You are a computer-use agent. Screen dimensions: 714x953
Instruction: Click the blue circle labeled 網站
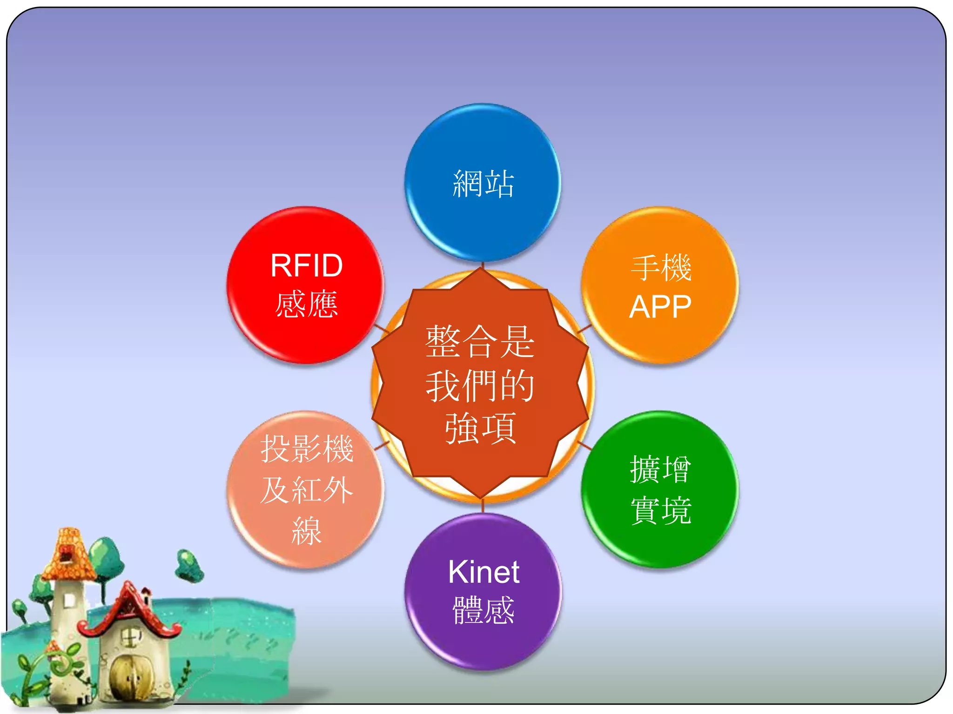point(483,182)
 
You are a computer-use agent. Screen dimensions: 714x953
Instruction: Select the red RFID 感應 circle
point(306,284)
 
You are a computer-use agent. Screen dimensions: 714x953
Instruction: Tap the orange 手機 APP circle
point(660,284)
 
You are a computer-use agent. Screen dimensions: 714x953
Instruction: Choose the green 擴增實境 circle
point(660,489)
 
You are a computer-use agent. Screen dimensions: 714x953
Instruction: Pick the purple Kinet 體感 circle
point(483,591)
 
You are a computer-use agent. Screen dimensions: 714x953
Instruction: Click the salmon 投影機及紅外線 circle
point(306,489)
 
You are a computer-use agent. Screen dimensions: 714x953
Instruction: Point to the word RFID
point(306,265)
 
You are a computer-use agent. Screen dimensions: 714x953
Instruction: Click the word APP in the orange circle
point(660,307)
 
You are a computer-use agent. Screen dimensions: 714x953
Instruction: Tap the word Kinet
point(483,571)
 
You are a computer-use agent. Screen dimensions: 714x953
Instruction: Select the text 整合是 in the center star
point(480,342)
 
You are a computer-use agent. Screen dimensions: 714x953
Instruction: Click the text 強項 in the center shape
point(480,428)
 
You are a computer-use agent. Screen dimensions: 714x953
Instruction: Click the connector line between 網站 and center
point(483,265)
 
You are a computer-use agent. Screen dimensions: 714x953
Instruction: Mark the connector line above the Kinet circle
point(483,505)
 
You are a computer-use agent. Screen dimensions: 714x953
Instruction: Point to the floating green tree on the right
point(188,565)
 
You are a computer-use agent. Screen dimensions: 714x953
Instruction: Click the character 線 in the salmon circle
point(306,530)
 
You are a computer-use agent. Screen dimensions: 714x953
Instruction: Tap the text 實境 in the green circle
point(660,510)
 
